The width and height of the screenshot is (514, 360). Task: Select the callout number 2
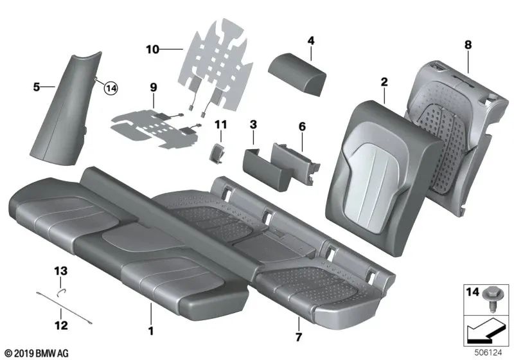[384, 82]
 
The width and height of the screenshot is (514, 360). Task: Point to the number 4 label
[311, 41]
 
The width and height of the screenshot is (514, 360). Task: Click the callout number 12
[60, 326]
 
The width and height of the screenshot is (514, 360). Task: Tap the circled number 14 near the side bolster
[112, 89]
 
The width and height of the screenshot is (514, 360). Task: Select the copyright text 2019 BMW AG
[40, 353]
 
